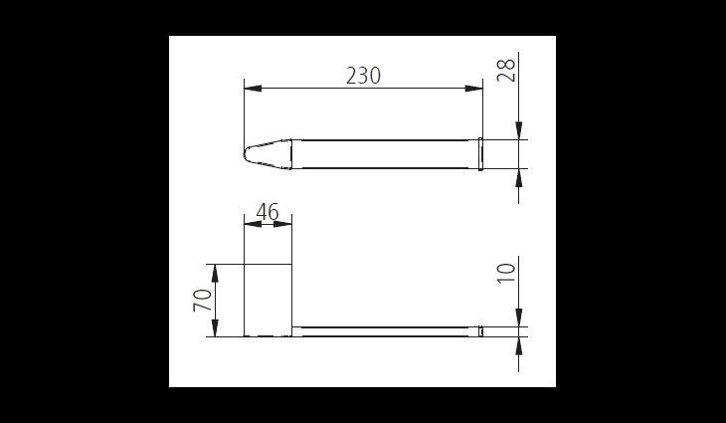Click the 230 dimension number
[363, 76]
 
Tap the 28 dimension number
[506, 71]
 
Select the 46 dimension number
[268, 212]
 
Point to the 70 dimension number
[202, 300]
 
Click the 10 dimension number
[506, 274]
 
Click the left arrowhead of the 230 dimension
[253, 89]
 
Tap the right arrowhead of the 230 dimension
[473, 89]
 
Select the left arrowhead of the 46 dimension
[253, 224]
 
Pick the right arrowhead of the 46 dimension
[282, 224]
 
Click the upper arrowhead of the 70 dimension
[215, 274]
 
